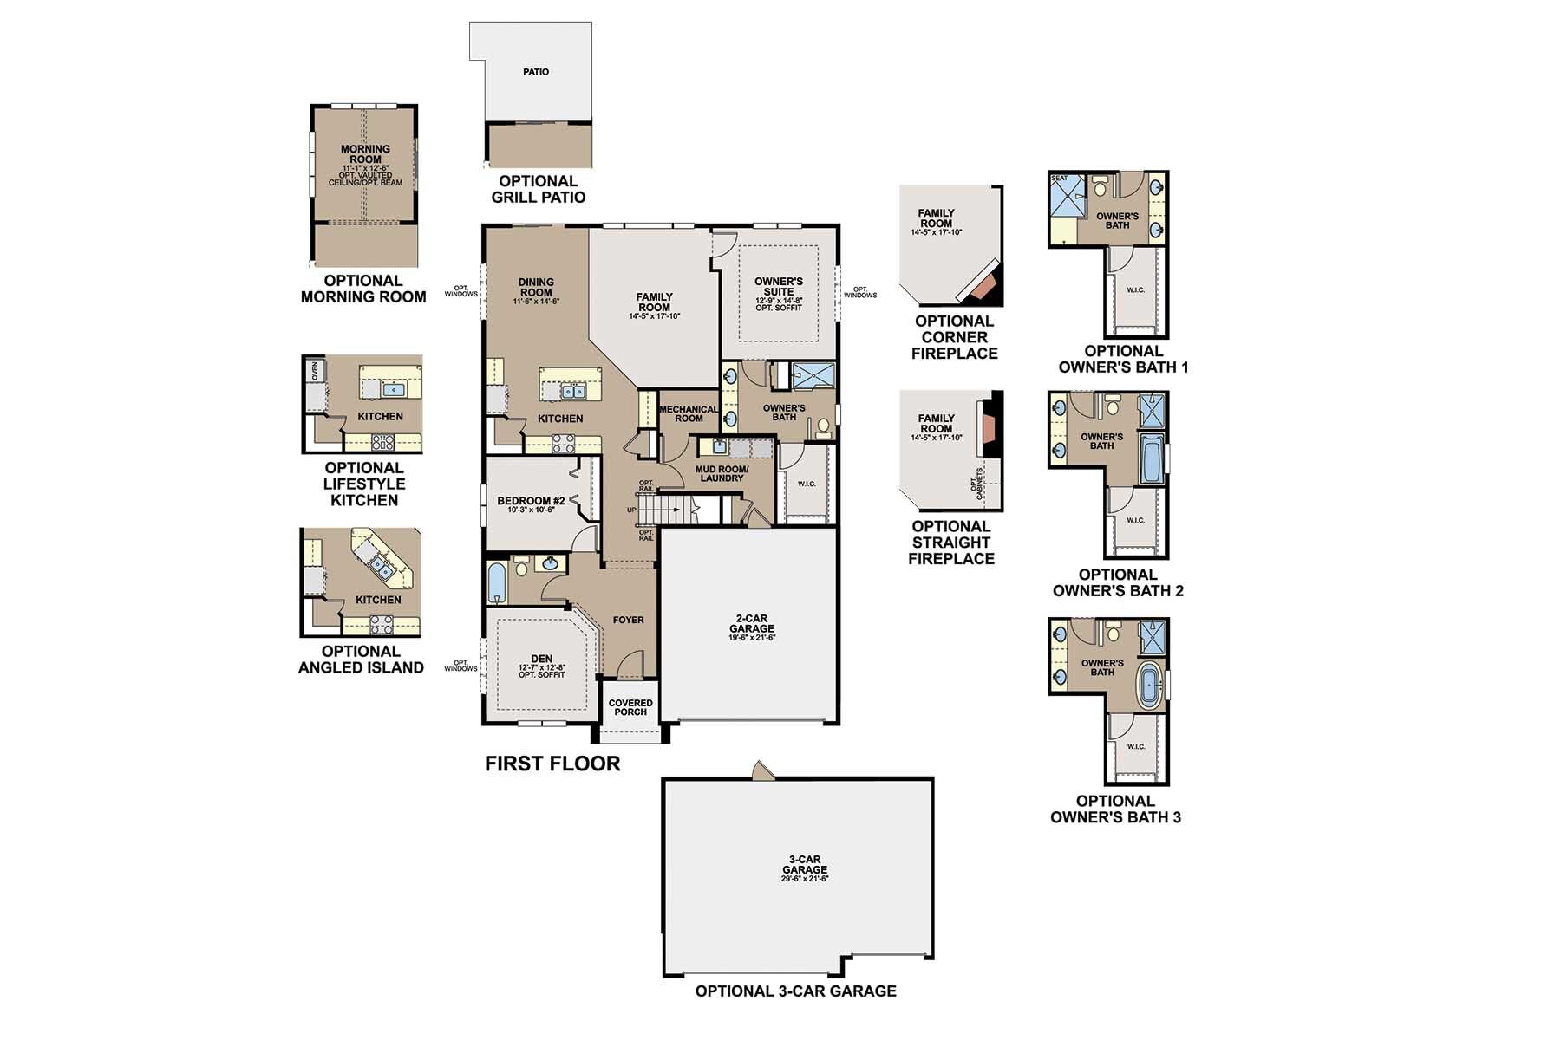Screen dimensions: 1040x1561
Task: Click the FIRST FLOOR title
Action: pyautogui.click(x=552, y=764)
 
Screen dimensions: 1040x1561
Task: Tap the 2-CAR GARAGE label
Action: pyautogui.click(x=751, y=624)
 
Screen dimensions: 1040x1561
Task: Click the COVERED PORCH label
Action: pyautogui.click(x=630, y=707)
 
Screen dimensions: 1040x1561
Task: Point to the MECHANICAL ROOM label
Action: pyautogui.click(x=689, y=413)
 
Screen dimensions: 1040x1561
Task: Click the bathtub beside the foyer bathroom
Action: pyautogui.click(x=495, y=582)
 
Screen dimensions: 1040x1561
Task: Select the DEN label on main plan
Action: pyautogui.click(x=542, y=660)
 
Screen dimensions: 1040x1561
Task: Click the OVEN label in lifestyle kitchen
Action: pyautogui.click(x=314, y=370)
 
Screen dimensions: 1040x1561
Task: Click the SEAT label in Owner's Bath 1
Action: pyautogui.click(x=1059, y=179)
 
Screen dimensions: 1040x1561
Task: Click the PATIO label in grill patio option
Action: pyautogui.click(x=536, y=72)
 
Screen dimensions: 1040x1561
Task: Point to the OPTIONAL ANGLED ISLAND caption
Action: pyautogui.click(x=361, y=660)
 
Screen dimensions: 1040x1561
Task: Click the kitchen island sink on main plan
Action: pyautogui.click(x=572, y=392)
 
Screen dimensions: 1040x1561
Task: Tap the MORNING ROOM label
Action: pyautogui.click(x=365, y=154)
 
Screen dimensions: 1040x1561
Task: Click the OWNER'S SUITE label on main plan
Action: pyautogui.click(x=779, y=287)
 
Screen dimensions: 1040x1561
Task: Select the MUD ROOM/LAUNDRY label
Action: pyautogui.click(x=722, y=473)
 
